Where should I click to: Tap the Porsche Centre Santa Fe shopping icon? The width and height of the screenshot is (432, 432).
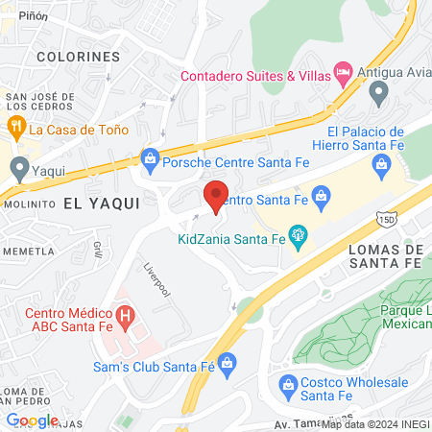pyautogui.click(x=150, y=156)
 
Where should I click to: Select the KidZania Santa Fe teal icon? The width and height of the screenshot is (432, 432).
pyautogui.click(x=299, y=233)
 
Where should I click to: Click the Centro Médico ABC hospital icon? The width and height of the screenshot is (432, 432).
pyautogui.click(x=124, y=315)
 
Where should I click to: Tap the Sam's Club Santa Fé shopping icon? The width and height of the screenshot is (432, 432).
pyautogui.click(x=227, y=362)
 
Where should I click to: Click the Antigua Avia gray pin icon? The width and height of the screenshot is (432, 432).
pyautogui.click(x=378, y=94)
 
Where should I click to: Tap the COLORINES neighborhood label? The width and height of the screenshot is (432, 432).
pyautogui.click(x=78, y=57)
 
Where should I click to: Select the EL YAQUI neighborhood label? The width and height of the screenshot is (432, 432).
pyautogui.click(x=102, y=204)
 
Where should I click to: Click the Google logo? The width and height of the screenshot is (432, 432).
pyautogui.click(x=32, y=420)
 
